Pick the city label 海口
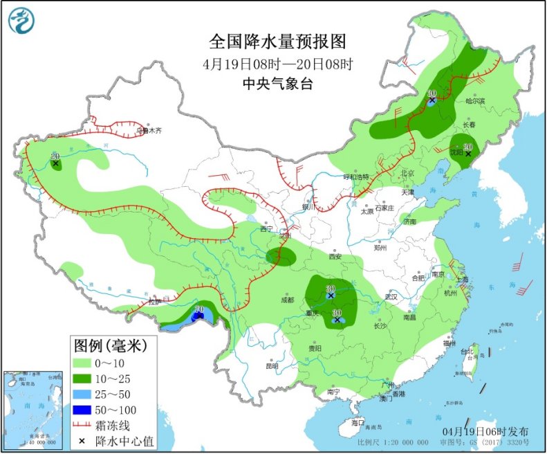(x=357, y=421)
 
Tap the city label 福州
(x=450, y=343)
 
